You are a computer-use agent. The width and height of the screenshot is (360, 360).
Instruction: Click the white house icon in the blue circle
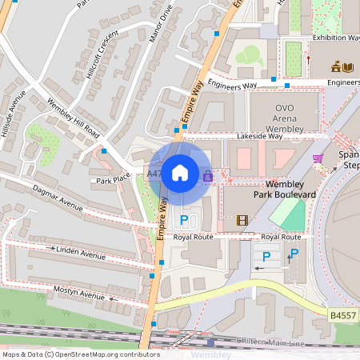(x=180, y=172)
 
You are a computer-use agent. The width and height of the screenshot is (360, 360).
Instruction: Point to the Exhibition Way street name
(x=335, y=38)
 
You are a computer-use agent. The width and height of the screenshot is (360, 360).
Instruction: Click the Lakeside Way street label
(x=259, y=137)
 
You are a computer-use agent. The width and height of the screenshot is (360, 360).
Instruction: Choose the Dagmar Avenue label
(x=57, y=199)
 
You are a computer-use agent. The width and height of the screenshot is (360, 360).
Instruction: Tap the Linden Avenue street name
(x=81, y=253)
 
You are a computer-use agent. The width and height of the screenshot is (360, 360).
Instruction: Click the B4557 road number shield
(x=343, y=316)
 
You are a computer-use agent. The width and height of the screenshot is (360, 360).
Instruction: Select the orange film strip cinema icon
(x=242, y=220)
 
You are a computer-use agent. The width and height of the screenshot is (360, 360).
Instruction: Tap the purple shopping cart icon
(x=318, y=158)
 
